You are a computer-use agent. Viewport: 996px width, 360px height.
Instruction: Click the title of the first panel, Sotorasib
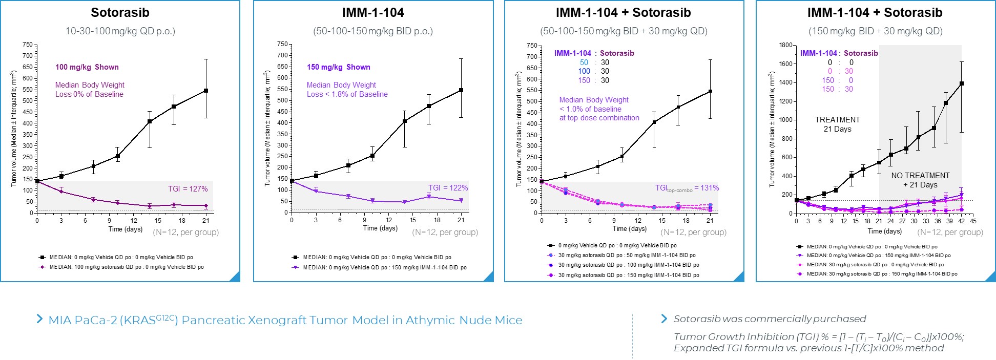tap(120, 13)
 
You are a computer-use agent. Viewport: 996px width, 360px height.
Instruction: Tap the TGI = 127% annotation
tap(188, 189)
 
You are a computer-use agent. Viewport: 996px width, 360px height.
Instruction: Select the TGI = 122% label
tap(448, 188)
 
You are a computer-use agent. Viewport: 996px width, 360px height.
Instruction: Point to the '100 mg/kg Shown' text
tap(87, 67)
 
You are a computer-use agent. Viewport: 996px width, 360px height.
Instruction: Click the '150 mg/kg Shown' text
tap(338, 67)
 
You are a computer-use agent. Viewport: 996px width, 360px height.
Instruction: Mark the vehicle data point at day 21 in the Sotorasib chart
tap(206, 91)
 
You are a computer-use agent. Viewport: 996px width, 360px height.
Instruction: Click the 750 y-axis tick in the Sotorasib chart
tap(27, 45)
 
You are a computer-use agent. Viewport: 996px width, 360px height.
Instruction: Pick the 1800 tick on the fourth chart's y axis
tap(785, 45)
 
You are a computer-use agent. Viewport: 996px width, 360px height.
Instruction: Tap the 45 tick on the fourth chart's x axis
tap(973, 221)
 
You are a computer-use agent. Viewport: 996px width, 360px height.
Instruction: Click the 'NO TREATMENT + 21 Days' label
tap(920, 180)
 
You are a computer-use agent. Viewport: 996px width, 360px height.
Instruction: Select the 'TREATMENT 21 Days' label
tap(837, 124)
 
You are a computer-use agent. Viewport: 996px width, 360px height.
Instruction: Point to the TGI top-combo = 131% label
tap(687, 188)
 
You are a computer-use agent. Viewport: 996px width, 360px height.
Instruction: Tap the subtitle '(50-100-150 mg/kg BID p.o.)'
tap(373, 31)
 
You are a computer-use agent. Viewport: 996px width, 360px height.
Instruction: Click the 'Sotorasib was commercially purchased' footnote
tap(770, 319)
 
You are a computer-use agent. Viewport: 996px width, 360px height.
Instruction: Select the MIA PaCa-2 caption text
tap(285, 321)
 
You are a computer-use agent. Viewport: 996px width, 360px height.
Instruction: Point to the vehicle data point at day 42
tap(961, 83)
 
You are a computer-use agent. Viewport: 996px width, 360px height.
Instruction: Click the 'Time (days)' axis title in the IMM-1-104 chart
tap(380, 228)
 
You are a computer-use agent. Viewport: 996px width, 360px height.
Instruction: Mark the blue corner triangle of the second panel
tap(490, 277)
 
